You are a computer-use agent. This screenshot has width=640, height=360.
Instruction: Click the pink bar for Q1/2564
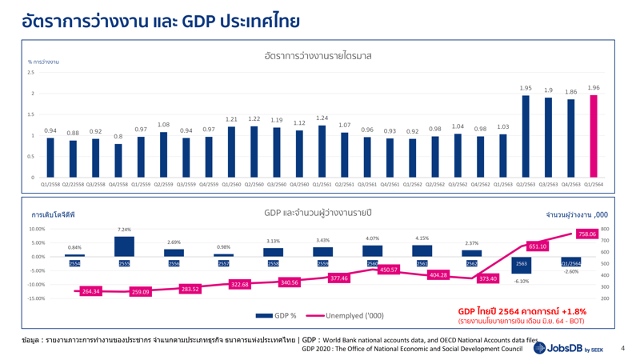pyautogui.click(x=594, y=136)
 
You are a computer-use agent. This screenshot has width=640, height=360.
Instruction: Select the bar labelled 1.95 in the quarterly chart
pyautogui.click(x=526, y=136)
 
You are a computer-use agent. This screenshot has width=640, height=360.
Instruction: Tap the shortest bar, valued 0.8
pyautogui.click(x=118, y=160)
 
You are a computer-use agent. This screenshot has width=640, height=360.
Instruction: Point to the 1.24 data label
pyautogui.click(x=322, y=118)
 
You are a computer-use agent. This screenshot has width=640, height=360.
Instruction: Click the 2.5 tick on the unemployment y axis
pyautogui.click(x=30, y=73)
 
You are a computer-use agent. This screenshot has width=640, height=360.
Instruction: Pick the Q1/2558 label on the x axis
pyautogui.click(x=50, y=184)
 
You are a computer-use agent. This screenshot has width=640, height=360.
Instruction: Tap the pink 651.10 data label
pyautogui.click(x=538, y=246)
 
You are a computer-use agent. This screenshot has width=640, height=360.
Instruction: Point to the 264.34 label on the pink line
pyautogui.click(x=92, y=292)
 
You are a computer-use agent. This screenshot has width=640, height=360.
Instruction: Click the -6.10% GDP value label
pyautogui.click(x=522, y=281)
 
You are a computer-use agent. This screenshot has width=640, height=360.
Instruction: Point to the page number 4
pyautogui.click(x=622, y=348)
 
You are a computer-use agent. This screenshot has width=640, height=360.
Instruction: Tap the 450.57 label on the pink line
pyautogui.click(x=389, y=270)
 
